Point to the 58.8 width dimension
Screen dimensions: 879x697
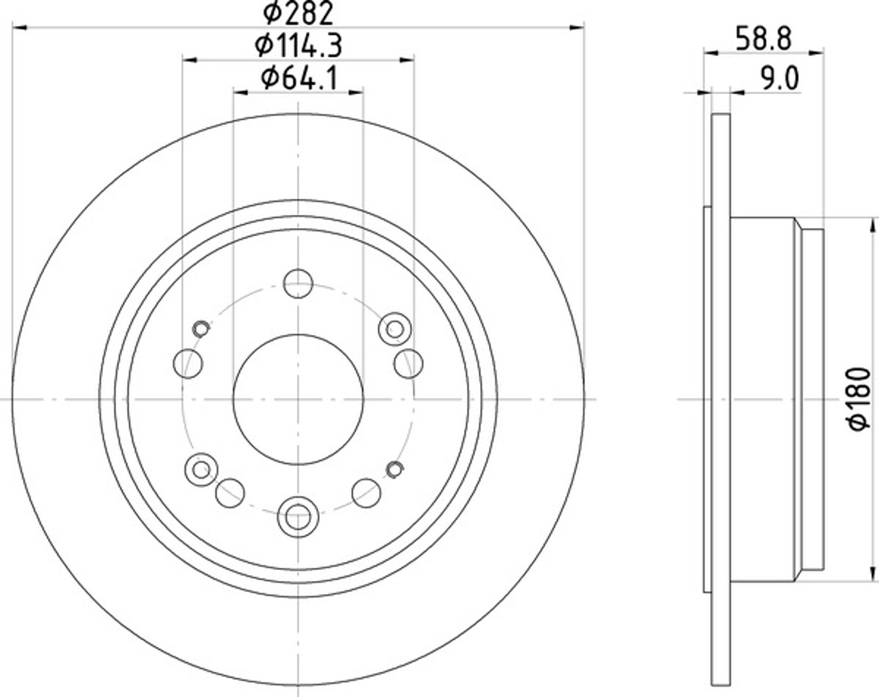(x=764, y=39)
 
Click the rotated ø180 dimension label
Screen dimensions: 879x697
(x=860, y=398)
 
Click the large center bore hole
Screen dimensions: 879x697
(x=298, y=399)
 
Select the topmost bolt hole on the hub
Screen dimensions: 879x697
(x=298, y=283)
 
